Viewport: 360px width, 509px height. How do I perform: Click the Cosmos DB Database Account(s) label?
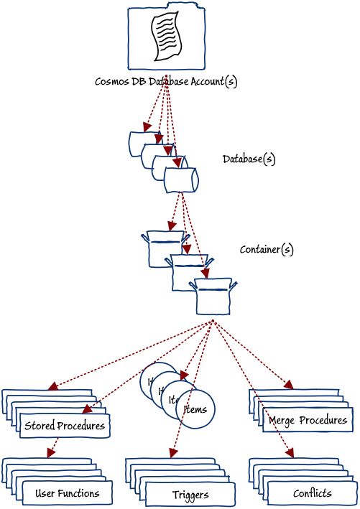[166, 81]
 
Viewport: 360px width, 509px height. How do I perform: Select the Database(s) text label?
[249, 159]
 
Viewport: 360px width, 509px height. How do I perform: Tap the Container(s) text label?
[266, 250]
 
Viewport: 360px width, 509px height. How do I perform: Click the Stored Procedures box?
[65, 426]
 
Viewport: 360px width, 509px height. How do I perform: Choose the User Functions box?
[67, 493]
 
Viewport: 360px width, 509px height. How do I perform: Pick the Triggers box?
[190, 495]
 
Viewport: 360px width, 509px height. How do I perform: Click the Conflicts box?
[312, 493]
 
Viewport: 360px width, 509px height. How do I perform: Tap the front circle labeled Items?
[195, 409]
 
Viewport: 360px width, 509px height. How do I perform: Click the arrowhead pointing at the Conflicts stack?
[291, 453]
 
